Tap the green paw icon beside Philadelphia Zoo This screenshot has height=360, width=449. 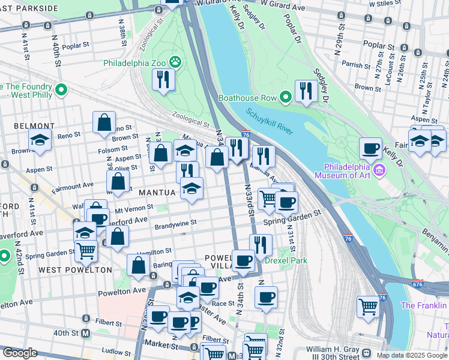pyautogui.click(x=175, y=61)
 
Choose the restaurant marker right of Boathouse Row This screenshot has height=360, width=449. pyautogui.click(x=306, y=91)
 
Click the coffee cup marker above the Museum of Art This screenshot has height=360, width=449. pyautogui.click(x=370, y=148)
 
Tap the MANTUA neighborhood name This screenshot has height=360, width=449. pyautogui.click(x=157, y=193)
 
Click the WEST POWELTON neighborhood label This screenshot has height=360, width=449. pyautogui.click(x=75, y=270)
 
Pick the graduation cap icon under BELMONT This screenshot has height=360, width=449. pyautogui.click(x=40, y=140)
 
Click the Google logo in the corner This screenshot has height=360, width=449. pyautogui.click(x=19, y=353)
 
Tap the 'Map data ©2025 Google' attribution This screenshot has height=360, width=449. pyautogui.click(x=412, y=355)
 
